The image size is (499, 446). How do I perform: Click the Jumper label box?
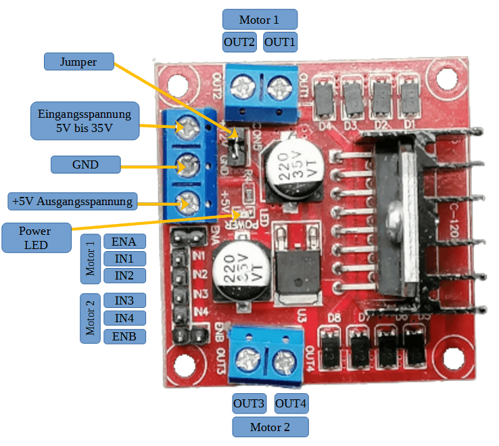(78, 62)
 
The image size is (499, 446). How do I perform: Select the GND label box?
(85, 164)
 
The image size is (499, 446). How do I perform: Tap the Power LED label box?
(37, 238)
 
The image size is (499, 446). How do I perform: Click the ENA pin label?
(124, 242)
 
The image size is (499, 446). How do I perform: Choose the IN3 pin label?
(124, 300)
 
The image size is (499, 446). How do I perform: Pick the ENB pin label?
(124, 336)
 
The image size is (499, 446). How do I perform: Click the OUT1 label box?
(280, 42)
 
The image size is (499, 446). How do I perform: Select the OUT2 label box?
(239, 42)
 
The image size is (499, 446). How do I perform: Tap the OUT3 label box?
(249, 405)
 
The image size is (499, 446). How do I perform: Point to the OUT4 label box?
(291, 405)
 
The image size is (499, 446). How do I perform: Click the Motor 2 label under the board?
(270, 427)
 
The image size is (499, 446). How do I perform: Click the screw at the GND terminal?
(187, 164)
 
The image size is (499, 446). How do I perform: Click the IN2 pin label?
(124, 275)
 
